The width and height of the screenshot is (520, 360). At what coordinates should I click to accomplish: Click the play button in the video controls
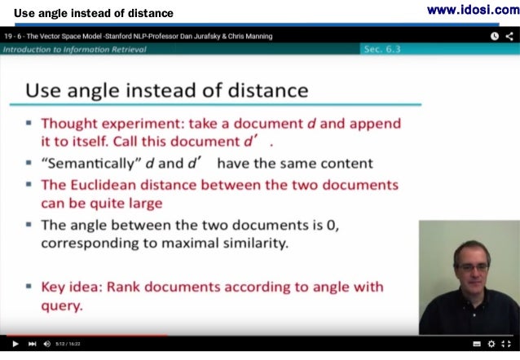pyautogui.click(x=15, y=344)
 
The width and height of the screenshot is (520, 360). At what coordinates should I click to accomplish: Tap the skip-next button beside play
pyautogui.click(x=32, y=344)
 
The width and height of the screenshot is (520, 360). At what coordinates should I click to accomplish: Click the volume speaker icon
pyautogui.click(x=47, y=344)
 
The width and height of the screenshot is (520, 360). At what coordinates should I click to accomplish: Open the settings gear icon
pyautogui.click(x=491, y=344)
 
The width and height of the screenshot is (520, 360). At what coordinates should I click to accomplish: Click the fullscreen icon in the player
pyautogui.click(x=506, y=344)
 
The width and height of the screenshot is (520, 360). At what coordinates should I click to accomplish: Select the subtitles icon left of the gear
pyautogui.click(x=476, y=344)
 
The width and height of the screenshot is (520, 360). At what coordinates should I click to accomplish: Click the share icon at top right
pyautogui.click(x=509, y=36)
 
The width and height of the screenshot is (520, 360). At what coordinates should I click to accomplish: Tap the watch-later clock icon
pyautogui.click(x=495, y=36)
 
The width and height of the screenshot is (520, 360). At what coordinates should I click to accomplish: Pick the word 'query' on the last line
pyautogui.click(x=62, y=306)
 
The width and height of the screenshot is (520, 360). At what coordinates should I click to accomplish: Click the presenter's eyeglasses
pyautogui.click(x=470, y=266)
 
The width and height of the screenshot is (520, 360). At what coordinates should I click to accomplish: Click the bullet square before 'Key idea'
pyautogui.click(x=29, y=287)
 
